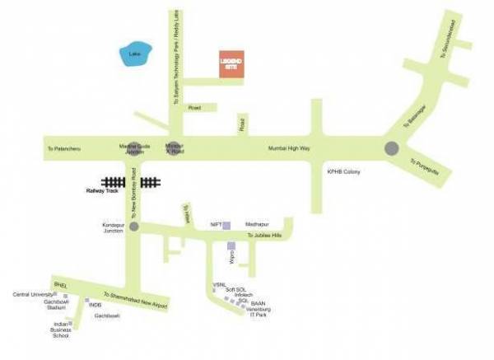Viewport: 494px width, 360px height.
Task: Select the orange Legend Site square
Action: (231, 64)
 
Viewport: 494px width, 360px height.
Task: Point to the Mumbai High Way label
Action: (288, 148)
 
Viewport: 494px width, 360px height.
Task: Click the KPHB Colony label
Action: (345, 171)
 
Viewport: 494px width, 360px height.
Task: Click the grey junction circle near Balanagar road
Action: (391, 148)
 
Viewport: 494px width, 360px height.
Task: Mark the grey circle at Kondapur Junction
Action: (133, 226)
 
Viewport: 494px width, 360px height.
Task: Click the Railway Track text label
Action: (102, 190)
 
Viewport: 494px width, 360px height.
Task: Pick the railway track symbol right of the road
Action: (149, 182)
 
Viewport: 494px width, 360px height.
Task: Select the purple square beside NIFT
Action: (227, 224)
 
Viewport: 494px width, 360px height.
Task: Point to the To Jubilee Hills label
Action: (264, 235)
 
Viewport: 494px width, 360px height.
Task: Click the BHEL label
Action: (58, 281)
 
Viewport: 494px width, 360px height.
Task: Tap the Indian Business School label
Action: (61, 330)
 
